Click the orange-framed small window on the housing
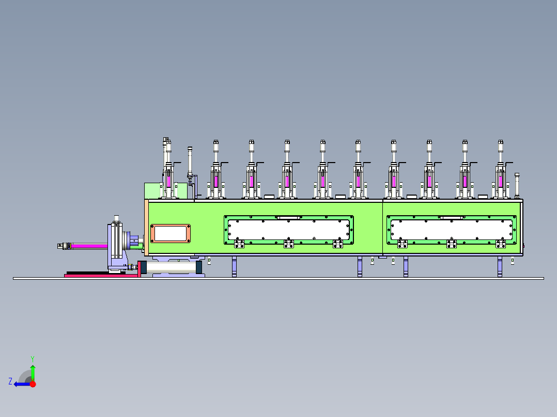coord(170,233)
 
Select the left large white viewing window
coord(289,230)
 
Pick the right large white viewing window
coord(452,229)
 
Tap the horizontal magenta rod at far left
coord(88,246)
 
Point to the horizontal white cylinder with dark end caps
coord(171,267)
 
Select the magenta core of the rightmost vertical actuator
coord(500,181)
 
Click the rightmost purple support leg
coord(500,266)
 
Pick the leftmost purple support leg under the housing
coord(234,266)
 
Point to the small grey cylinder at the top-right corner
coord(517,185)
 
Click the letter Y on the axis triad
coord(32,358)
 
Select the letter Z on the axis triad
coord(10,381)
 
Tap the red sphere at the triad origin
coord(33,384)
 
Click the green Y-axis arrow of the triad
coord(33,372)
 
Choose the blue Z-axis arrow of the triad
coord(21,384)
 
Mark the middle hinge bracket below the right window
coord(451,244)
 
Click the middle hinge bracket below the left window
coord(288,244)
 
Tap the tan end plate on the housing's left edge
coord(146,228)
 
